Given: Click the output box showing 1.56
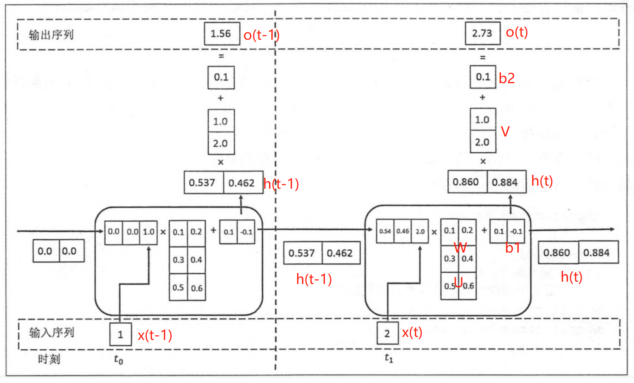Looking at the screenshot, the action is pyautogui.click(x=222, y=34).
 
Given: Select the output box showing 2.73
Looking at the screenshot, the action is pyautogui.click(x=483, y=33).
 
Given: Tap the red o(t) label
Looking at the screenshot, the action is pyautogui.click(x=517, y=32).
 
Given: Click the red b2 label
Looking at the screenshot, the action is pyautogui.click(x=507, y=78).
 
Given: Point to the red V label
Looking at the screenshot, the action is pyautogui.click(x=505, y=132).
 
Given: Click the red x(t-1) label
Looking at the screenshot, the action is pyautogui.click(x=155, y=335).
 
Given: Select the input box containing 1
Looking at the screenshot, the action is pyautogui.click(x=121, y=334).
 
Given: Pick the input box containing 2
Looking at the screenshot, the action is pyautogui.click(x=388, y=333).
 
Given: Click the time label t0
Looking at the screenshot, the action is pyautogui.click(x=118, y=360).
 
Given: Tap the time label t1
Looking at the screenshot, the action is pyautogui.click(x=389, y=358).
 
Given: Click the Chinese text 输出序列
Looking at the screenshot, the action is pyautogui.click(x=51, y=35).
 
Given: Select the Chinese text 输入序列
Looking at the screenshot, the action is pyautogui.click(x=51, y=333).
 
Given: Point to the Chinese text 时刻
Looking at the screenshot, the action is pyautogui.click(x=49, y=359).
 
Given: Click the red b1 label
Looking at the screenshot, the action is pyautogui.click(x=512, y=248).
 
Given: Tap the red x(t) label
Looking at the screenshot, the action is pyautogui.click(x=412, y=332).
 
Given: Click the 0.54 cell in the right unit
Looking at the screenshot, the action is pyautogui.click(x=385, y=231).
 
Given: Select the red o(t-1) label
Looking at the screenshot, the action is pyautogui.click(x=262, y=35).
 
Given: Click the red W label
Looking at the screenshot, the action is pyautogui.click(x=460, y=248).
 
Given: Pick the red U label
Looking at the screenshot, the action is pyautogui.click(x=458, y=282).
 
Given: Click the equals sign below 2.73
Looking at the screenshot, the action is pyautogui.click(x=483, y=58).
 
